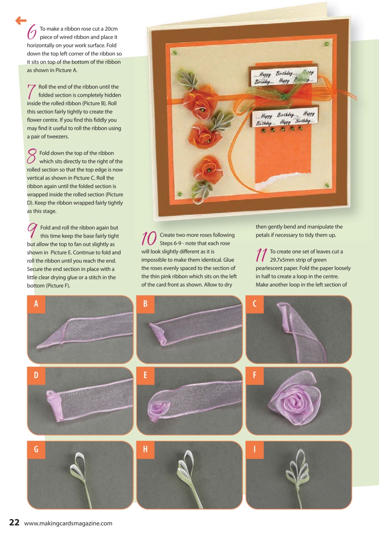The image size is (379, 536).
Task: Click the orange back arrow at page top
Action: [21, 20]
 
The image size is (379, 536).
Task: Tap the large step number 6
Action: [31, 31]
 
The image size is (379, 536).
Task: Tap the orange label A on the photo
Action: [36, 304]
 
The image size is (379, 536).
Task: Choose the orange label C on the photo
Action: [255, 304]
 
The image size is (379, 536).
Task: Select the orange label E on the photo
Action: [145, 376]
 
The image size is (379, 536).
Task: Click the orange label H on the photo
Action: [145, 450]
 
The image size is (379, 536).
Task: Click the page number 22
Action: [14, 523]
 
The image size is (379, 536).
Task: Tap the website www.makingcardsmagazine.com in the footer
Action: [68, 523]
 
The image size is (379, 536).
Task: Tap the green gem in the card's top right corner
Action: [326, 44]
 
